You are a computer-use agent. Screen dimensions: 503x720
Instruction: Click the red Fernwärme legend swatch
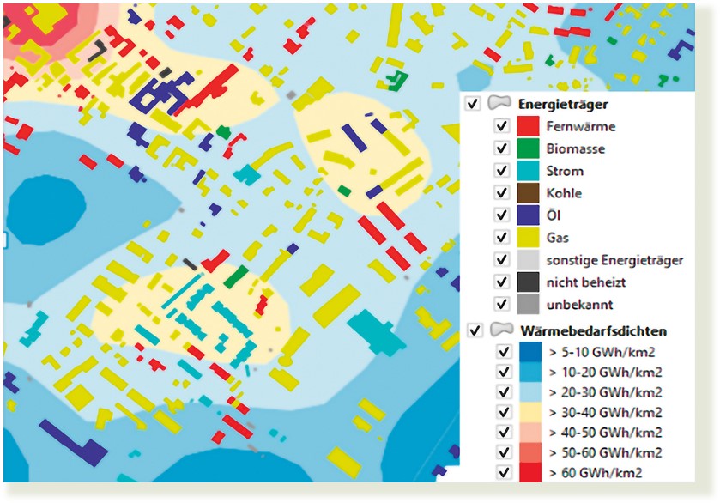pyautogui.click(x=528, y=126)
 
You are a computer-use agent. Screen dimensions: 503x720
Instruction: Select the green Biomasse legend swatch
pyautogui.click(x=528, y=148)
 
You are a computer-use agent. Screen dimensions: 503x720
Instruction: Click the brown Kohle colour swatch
pyautogui.click(x=528, y=192)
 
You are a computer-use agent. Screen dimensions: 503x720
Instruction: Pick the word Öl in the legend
pyautogui.click(x=553, y=215)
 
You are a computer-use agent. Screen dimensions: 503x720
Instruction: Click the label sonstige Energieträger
pyautogui.click(x=614, y=259)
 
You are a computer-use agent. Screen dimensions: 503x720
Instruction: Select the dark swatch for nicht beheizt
pyautogui.click(x=528, y=282)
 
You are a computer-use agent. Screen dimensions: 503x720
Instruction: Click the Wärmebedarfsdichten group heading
pyautogui.click(x=592, y=330)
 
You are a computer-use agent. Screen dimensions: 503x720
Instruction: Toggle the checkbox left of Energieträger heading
pyautogui.click(x=472, y=103)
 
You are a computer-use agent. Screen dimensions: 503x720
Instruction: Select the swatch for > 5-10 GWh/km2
pyautogui.click(x=528, y=351)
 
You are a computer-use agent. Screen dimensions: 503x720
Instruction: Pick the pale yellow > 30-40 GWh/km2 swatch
pyautogui.click(x=528, y=412)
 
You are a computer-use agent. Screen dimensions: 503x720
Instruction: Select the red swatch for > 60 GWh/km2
pyautogui.click(x=528, y=472)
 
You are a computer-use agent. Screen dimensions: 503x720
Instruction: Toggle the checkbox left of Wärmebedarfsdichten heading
pyautogui.click(x=472, y=330)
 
